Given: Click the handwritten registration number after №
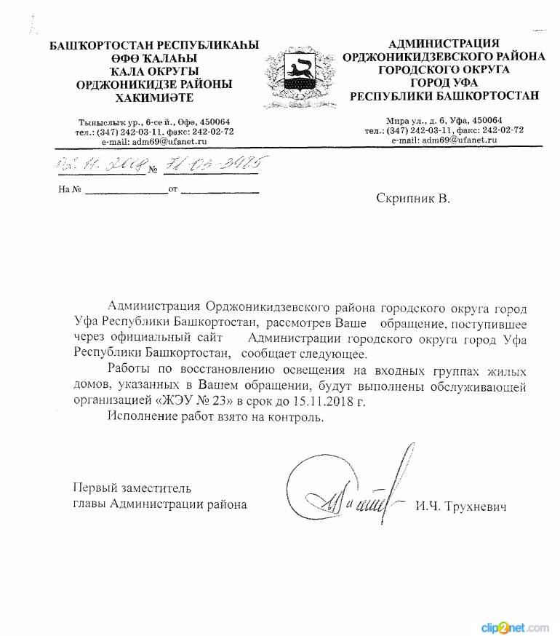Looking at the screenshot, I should [212, 167].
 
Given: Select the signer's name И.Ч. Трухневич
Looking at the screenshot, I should [461, 505].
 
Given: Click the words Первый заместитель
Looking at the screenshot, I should [133, 488].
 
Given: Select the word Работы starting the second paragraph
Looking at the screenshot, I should [129, 369].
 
